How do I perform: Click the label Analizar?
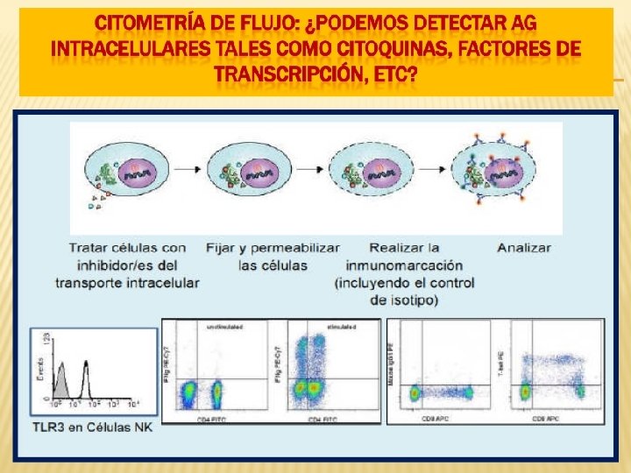[524, 248]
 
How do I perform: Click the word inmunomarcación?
[404, 265]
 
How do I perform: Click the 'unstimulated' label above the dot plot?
[225, 327]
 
